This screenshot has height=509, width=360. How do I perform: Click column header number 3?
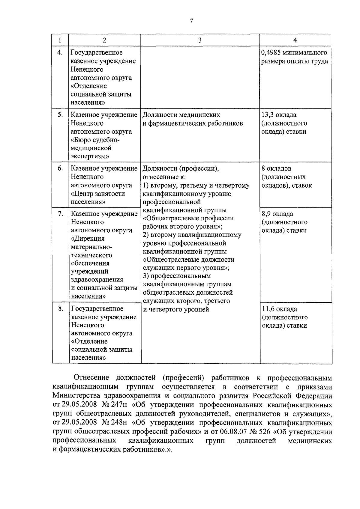pos(199,40)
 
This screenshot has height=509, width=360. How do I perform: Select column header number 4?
pos(295,40)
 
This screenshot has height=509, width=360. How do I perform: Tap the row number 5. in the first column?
pos(60,115)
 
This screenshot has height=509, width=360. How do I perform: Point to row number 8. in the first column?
pos(61,308)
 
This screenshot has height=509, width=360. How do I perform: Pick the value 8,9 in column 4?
pos(266,214)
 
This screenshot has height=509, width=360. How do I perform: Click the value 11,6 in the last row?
pos(268,309)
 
